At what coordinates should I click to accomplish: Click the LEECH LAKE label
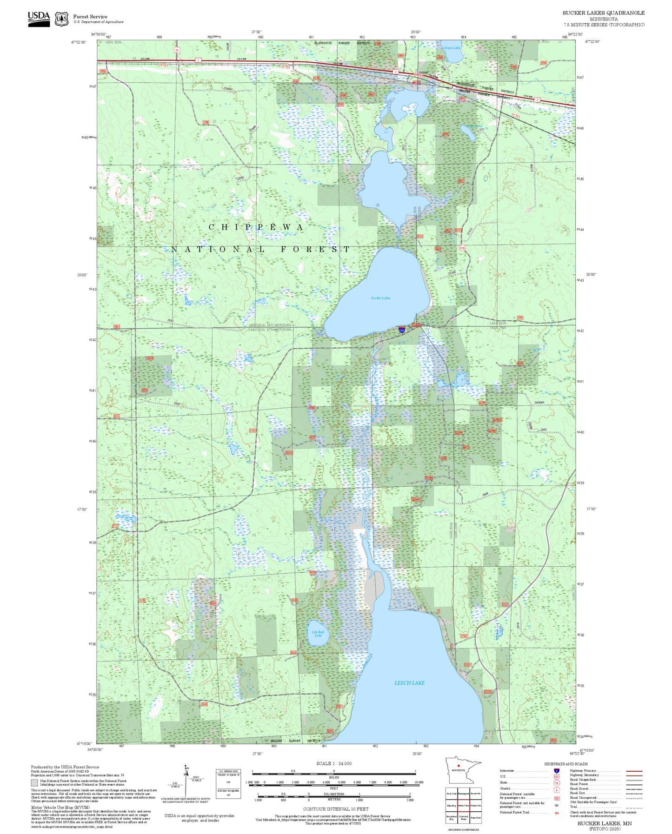click(x=409, y=683)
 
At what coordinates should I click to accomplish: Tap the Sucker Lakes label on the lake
click(x=381, y=298)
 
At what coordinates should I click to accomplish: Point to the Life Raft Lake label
click(x=318, y=634)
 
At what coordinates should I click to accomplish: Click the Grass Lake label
click(x=452, y=48)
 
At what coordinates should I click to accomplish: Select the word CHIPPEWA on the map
click(x=256, y=227)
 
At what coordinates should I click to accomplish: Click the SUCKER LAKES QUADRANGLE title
click(x=603, y=13)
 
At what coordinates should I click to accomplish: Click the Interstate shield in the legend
click(x=557, y=771)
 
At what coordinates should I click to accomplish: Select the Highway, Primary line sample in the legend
click(x=634, y=771)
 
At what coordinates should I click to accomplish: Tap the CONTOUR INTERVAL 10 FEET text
click(x=336, y=809)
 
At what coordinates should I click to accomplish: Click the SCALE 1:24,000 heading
click(x=334, y=763)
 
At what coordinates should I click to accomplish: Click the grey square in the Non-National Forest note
click(x=34, y=783)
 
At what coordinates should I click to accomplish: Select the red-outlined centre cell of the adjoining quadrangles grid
click(x=463, y=806)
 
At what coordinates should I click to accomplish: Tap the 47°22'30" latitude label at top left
click(x=79, y=42)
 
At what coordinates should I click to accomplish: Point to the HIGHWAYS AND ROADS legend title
click(x=566, y=764)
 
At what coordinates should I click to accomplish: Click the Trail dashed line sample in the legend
click(x=634, y=808)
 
